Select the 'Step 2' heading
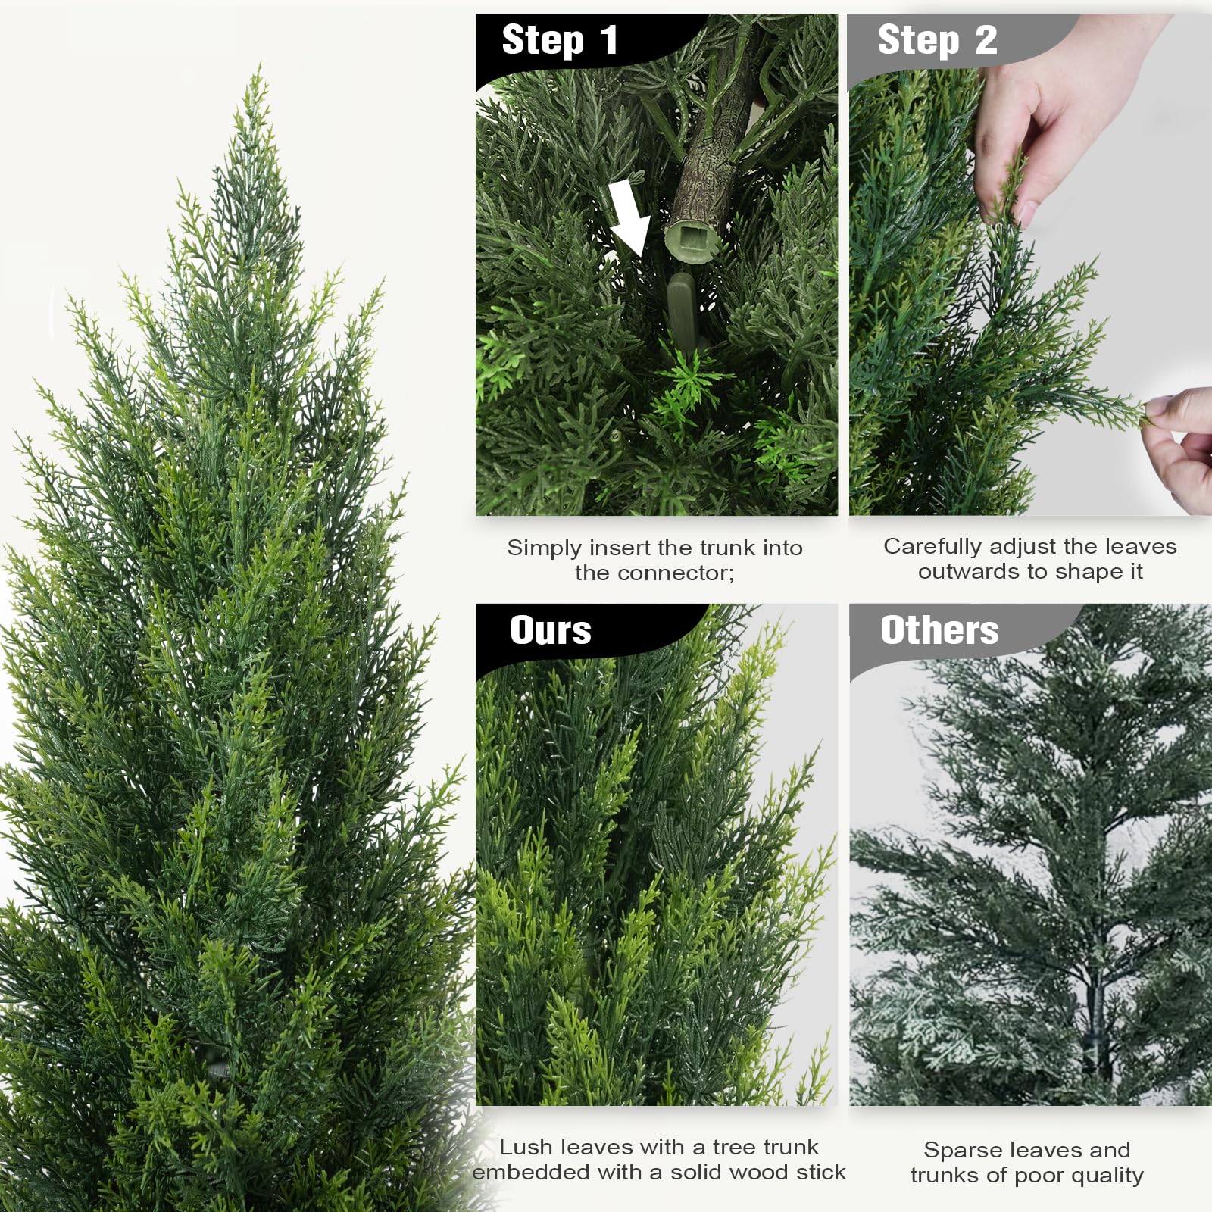pos(936,40)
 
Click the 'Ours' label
pos(550,630)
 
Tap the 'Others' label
pos(939,630)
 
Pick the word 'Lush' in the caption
pos(526,1147)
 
